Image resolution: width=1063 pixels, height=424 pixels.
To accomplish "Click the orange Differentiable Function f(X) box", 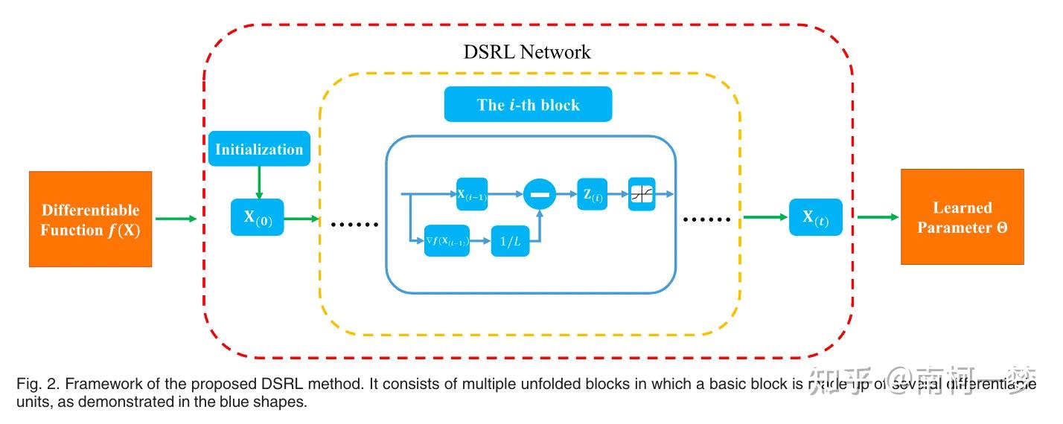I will [x=90, y=219].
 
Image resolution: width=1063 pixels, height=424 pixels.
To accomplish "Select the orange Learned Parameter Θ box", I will [x=962, y=216].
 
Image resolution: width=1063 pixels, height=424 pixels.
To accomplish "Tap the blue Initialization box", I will [x=259, y=149].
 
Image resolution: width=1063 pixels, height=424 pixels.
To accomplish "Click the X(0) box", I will [x=258, y=218].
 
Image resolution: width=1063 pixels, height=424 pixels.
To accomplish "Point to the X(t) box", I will [x=815, y=217].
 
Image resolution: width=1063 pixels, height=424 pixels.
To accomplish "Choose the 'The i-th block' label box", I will [x=528, y=104].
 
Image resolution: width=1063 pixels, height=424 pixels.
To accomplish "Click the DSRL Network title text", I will [x=527, y=52].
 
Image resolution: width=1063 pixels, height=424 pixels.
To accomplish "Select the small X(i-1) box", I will [x=472, y=194].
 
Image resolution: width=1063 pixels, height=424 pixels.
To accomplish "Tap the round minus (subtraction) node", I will [x=540, y=195].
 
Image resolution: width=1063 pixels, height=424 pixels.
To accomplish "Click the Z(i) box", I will [x=592, y=195].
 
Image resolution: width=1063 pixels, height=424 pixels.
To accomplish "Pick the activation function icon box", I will [x=641, y=195].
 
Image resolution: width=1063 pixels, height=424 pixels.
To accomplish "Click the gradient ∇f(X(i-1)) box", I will [x=447, y=241].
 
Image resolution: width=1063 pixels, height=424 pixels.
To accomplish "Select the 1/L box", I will [x=510, y=241].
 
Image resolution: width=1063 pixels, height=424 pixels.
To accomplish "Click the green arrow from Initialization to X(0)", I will [x=258, y=182].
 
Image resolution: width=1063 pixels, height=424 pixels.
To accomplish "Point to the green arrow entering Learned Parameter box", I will [x=878, y=217].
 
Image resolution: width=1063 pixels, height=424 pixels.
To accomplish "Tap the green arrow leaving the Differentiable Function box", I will [x=176, y=219].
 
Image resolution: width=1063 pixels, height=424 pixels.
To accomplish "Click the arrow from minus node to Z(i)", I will [x=566, y=195].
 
